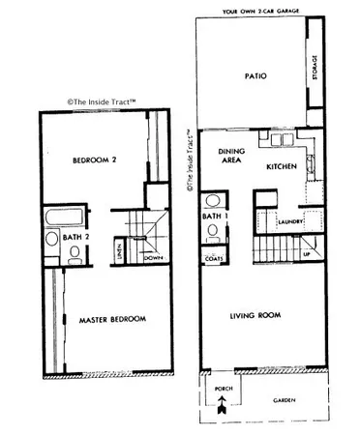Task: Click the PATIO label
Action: click(x=256, y=76)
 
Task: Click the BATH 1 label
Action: click(x=214, y=217)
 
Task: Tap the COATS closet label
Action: click(x=214, y=259)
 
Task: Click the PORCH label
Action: click(x=219, y=391)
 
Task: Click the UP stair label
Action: click(x=307, y=253)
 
